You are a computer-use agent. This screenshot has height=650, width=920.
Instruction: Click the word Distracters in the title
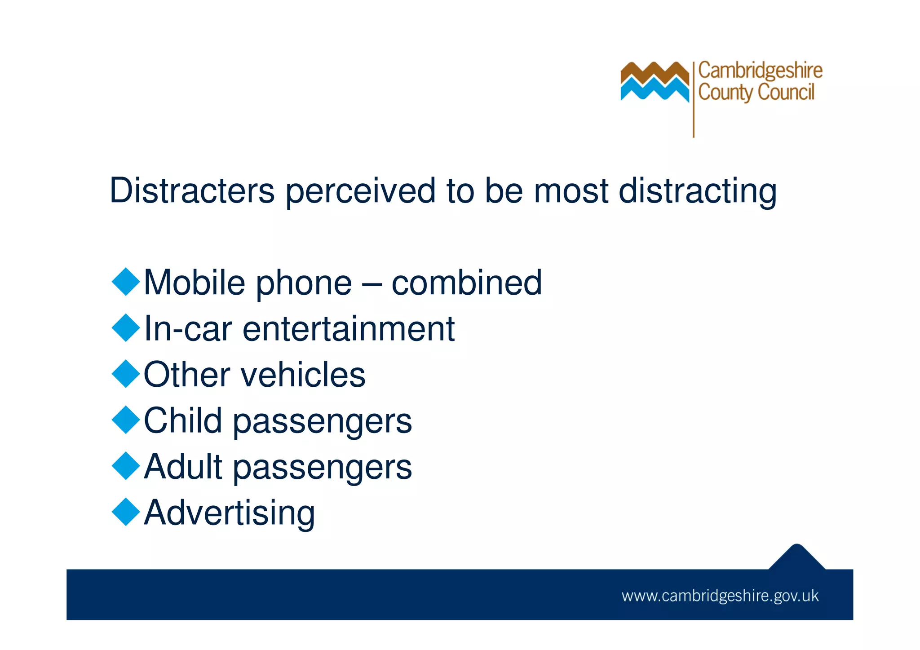point(192,190)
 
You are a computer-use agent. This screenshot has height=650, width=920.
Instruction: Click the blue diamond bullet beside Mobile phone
point(126,282)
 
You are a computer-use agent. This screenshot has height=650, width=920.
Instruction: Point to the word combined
point(467,283)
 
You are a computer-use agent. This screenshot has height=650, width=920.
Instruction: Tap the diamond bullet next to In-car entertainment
point(126,328)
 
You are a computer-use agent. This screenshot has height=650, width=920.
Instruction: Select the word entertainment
point(349,329)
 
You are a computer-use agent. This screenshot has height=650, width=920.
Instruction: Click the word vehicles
point(304,375)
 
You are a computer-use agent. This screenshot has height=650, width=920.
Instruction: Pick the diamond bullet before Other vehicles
point(126,374)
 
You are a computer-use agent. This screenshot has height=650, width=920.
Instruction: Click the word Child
point(183,420)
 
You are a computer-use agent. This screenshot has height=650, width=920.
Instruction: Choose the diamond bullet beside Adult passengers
point(126,466)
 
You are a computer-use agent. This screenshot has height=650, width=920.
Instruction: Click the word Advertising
point(230,513)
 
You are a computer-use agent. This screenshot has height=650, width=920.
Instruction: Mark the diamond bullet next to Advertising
point(126,512)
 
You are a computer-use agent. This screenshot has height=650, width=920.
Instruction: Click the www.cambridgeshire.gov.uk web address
point(720,596)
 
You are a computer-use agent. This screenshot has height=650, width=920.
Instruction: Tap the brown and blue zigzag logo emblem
point(655,81)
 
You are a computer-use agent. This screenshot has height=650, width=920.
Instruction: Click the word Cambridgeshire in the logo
point(760,71)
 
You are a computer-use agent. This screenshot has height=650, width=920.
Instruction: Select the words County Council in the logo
point(756,93)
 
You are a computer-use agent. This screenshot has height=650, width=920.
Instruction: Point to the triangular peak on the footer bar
point(796,557)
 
